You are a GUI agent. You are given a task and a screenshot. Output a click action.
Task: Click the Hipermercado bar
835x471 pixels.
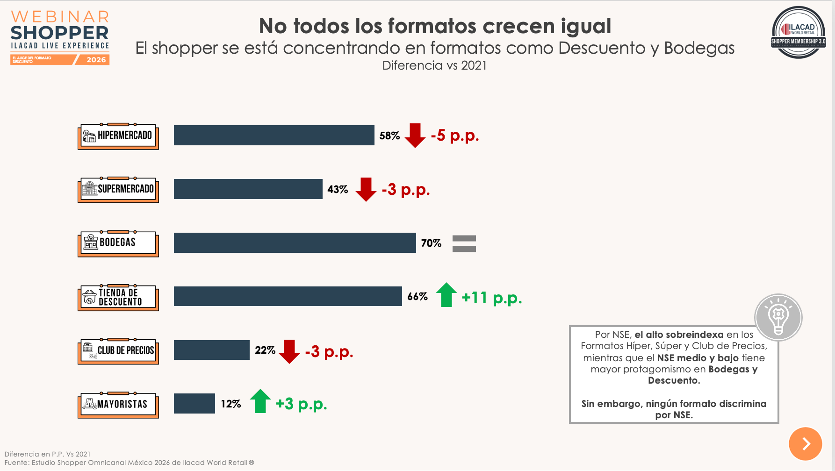274,135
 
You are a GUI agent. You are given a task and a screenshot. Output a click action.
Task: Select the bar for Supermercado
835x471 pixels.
248,189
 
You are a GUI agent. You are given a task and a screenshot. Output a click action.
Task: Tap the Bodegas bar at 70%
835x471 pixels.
295,243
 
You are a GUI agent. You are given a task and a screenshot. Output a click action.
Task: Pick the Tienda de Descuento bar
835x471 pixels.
288,296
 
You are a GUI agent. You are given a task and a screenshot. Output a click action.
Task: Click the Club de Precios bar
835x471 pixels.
211,350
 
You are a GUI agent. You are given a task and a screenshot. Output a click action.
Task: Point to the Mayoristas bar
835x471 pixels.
194,404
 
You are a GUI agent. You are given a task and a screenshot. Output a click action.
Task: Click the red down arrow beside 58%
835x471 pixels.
415,136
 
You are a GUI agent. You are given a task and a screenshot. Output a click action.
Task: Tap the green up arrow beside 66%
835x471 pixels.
446,295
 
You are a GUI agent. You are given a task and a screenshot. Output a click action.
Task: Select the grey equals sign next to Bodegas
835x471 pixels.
464,243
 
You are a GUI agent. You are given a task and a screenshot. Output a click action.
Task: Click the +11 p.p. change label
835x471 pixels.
491,298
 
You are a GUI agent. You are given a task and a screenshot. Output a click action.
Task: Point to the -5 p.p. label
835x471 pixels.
454,136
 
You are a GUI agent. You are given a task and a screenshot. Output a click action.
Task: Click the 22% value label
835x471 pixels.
265,350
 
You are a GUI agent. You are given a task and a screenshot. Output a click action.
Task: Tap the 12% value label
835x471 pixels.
230,404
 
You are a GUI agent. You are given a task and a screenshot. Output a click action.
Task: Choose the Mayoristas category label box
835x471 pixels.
118,405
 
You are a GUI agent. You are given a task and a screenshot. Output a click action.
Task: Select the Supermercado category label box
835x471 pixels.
118,190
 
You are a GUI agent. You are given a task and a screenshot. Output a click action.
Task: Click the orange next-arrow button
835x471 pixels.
805,443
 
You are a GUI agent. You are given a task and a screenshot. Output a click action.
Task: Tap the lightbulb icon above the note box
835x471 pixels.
778,317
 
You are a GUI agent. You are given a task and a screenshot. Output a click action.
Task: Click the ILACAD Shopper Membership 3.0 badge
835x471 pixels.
798,32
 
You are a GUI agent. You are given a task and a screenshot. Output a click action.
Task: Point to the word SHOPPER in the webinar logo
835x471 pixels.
59,33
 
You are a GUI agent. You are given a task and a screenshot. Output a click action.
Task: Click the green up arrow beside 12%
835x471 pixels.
260,401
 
